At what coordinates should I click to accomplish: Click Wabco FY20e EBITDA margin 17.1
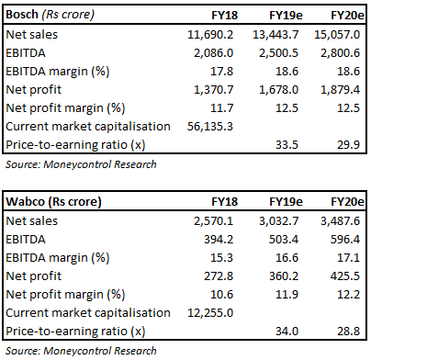[395, 258]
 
